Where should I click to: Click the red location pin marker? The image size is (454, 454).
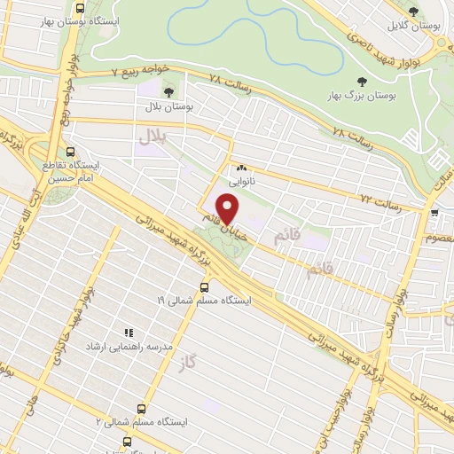(229, 208)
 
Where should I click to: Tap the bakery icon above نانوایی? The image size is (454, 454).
(241, 166)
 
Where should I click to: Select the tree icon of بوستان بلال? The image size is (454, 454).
(169, 91)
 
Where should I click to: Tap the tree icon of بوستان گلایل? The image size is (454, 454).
(414, 12)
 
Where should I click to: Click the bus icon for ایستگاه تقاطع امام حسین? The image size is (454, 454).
(69, 151)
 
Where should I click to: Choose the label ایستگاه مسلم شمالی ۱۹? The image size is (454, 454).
(205, 301)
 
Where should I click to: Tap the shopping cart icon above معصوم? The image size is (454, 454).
(434, 214)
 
